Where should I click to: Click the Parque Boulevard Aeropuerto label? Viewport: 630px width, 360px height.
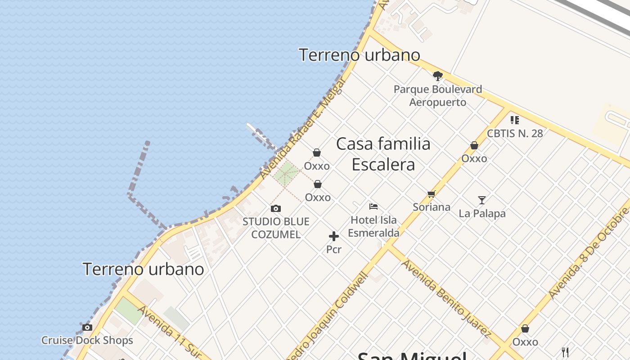tap(437, 95)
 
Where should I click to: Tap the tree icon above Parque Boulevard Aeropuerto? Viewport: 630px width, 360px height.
tap(437, 76)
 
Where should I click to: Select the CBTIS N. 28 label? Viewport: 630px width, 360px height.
tap(515, 133)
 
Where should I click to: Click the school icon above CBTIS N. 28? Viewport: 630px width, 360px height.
tap(515, 120)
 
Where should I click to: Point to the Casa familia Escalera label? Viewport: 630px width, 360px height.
tap(383, 154)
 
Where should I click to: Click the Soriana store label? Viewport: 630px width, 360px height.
tap(432, 207)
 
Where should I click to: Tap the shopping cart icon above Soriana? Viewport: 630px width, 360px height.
tap(432, 194)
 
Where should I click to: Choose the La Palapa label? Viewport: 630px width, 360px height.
tap(482, 213)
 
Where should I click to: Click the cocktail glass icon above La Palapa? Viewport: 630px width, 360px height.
tap(482, 200)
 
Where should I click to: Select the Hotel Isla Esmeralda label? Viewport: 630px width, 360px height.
tap(373, 226)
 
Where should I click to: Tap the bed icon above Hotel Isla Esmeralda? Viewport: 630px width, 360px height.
tap(373, 207)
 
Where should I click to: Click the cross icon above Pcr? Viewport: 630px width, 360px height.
tap(334, 236)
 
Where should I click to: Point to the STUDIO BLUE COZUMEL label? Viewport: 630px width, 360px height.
tap(276, 228)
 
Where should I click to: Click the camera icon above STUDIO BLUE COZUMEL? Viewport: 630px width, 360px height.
tap(276, 208)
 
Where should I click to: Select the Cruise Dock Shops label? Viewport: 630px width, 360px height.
tap(87, 340)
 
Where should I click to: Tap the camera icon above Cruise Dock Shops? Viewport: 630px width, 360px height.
tap(87, 327)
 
